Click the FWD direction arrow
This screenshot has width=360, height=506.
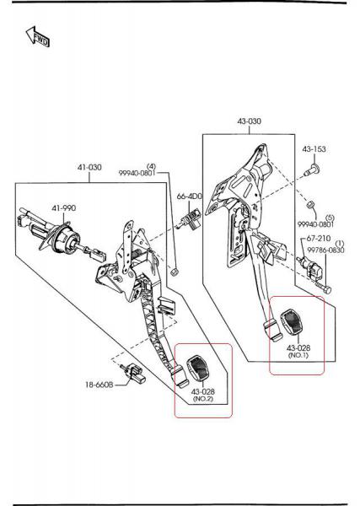coord(37,36)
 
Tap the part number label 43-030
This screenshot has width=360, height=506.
coord(250,121)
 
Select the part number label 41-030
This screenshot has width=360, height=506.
coord(89,167)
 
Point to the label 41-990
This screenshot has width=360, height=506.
coord(64,208)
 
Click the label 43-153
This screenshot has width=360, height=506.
coord(314,149)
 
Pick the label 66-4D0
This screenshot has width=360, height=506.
coord(190,196)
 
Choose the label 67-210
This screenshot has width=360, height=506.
coord(319,239)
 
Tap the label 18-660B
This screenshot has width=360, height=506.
coord(99,385)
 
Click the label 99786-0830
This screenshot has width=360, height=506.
coord(325,250)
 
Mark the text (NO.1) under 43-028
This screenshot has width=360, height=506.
coord(298,355)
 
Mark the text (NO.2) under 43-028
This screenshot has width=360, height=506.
coord(203,399)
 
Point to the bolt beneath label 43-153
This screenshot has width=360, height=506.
coord(312,170)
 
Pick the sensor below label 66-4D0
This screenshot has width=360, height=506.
coord(191,220)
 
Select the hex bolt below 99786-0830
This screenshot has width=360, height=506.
coord(322,288)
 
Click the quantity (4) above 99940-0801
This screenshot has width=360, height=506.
coord(151,166)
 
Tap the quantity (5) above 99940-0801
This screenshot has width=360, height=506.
coord(330,218)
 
